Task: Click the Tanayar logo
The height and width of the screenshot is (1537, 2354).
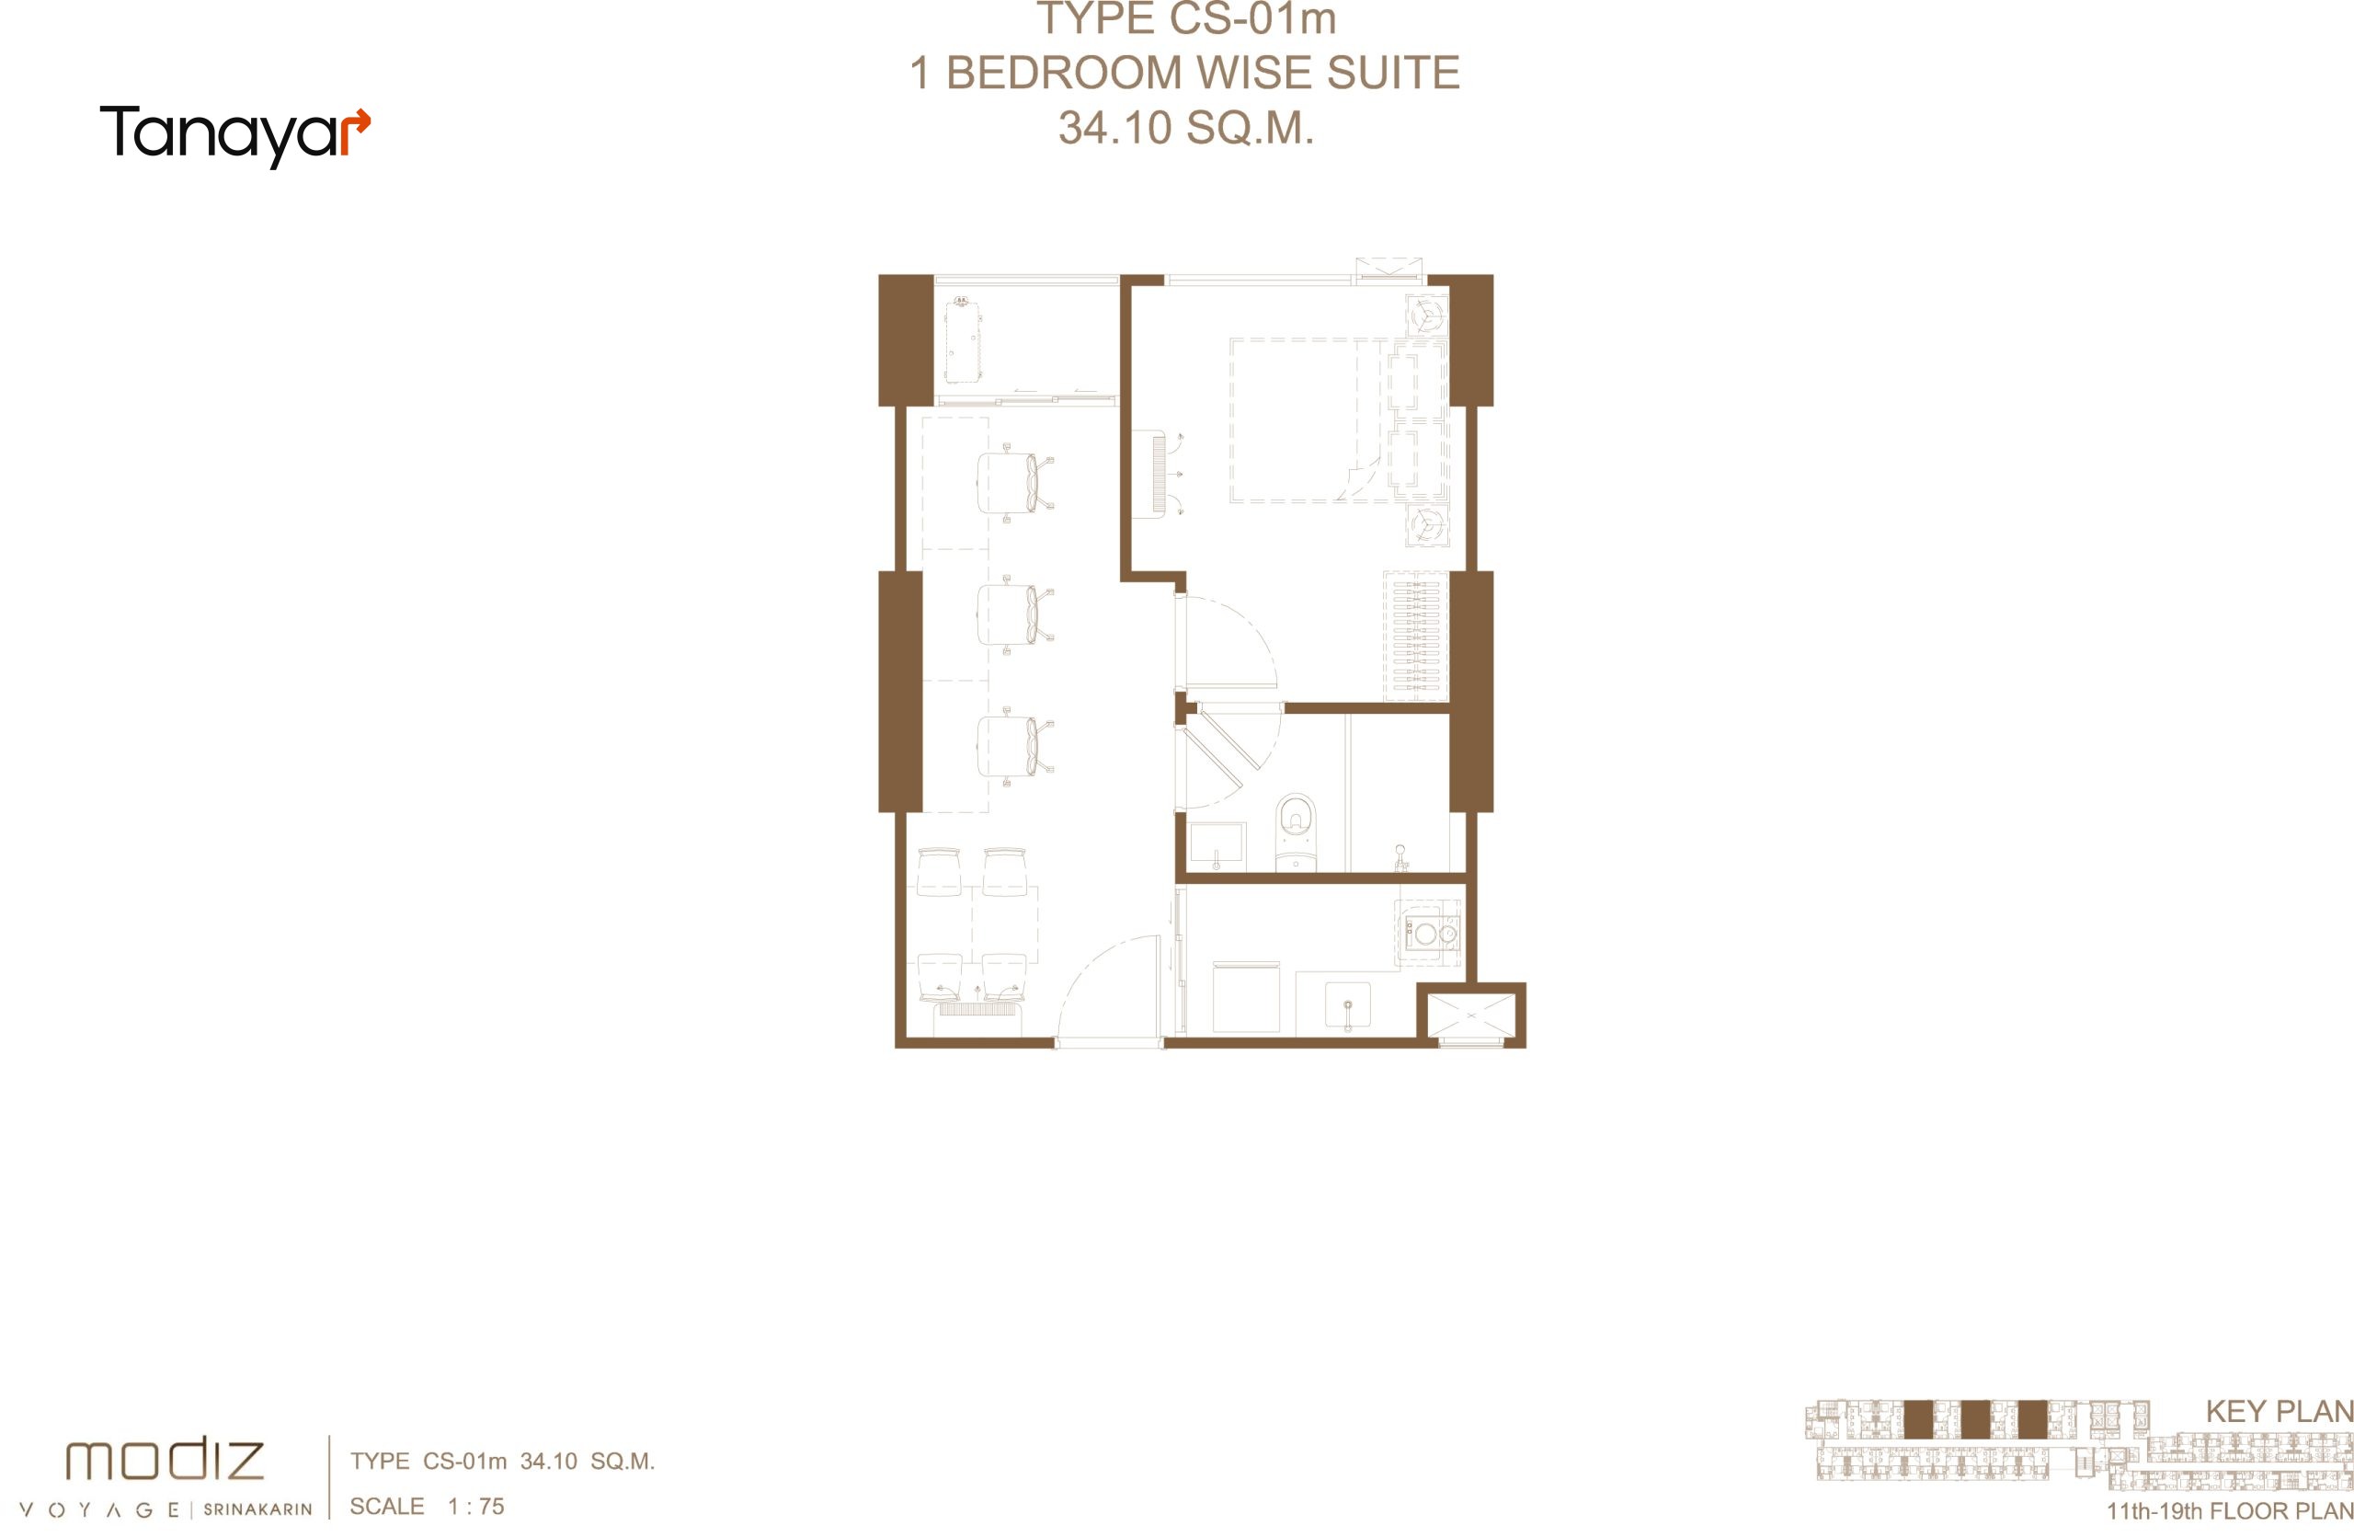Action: click(235, 135)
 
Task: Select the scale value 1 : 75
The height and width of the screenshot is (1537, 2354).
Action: click(475, 1507)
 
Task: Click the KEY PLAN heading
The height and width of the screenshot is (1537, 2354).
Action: click(2279, 1411)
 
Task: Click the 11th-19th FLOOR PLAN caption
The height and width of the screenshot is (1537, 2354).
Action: click(2229, 1511)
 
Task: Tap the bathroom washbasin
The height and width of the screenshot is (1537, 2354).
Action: click(1217, 845)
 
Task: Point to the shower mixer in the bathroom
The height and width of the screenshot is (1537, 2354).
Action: click(1400, 856)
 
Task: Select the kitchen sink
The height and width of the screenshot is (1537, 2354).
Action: click(1347, 1007)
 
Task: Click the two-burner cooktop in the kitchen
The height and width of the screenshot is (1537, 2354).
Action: click(1431, 932)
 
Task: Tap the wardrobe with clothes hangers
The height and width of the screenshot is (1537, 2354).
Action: click(1415, 636)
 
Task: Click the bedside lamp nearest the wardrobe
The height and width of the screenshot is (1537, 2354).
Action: click(1427, 525)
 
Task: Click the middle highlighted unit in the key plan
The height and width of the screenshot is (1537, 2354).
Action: click(1975, 1420)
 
